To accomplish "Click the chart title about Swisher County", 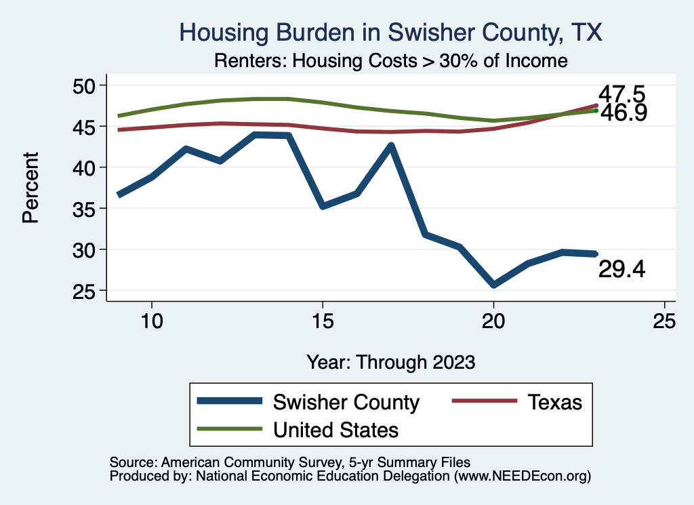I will [390, 33].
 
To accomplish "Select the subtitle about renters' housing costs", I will [390, 61].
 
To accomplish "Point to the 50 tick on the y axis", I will [89, 85].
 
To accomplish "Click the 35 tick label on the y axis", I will [89, 209].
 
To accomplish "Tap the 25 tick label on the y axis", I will [89, 291].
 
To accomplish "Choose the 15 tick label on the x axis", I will [322, 321].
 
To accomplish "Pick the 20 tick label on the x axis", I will [493, 321].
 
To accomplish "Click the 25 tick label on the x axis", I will [664, 321].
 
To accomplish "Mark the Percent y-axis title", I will [30, 188].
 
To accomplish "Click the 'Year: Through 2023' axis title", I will [390, 361].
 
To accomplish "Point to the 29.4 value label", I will [621, 270].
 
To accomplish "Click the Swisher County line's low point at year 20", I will [493, 285].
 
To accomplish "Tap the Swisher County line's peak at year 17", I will [390, 145].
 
